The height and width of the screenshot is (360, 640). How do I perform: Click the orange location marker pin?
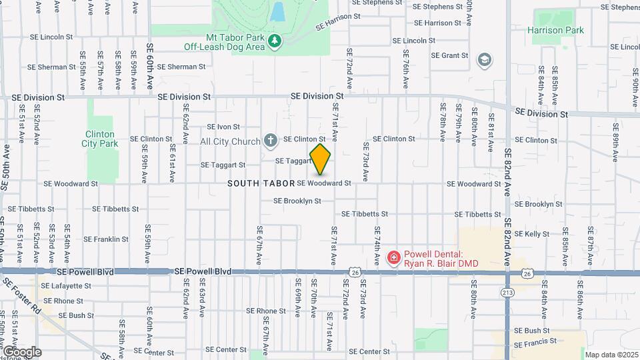coord(320,159)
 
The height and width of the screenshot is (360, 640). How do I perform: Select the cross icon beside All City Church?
coord(270,141)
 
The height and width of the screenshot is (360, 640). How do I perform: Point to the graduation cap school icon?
coord(485,61)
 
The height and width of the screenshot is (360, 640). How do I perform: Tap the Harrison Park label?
coord(555,30)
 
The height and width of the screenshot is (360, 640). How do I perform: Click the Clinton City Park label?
coord(99,139)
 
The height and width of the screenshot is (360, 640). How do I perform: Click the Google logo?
coord(21,351)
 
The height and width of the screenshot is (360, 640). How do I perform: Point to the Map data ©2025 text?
coord(611,355)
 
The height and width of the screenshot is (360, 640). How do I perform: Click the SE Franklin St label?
coord(106,239)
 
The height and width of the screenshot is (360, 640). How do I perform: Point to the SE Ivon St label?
coord(223,127)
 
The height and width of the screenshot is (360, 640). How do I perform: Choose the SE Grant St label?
coord(450,55)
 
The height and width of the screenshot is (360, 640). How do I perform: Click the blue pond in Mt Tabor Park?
coord(277,11)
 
